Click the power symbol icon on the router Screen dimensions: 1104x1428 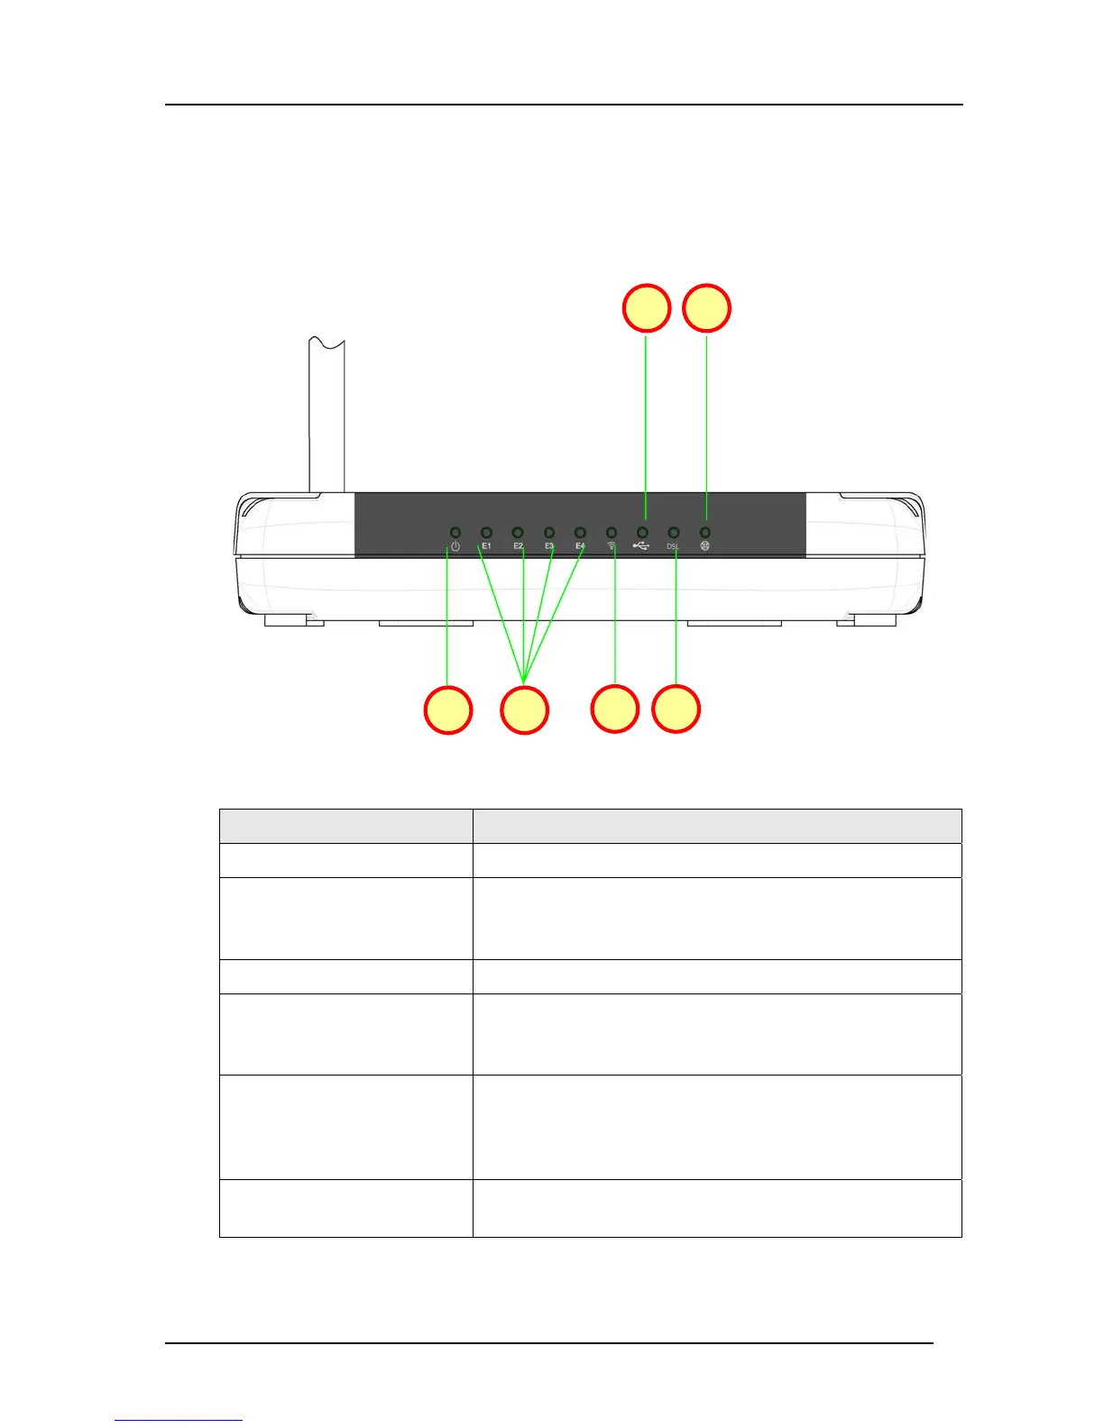click(455, 546)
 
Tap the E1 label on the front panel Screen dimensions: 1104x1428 click(486, 546)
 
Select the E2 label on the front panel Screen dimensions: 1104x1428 click(519, 546)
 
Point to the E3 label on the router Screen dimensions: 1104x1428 click(549, 546)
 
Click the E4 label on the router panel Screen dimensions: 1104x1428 click(581, 546)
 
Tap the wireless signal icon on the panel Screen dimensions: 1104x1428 click(612, 545)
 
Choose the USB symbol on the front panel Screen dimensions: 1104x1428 click(641, 546)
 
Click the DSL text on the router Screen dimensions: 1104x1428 click(673, 546)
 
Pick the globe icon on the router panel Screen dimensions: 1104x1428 click(704, 546)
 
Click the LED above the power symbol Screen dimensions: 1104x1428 click(455, 533)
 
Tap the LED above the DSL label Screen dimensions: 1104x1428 click(674, 533)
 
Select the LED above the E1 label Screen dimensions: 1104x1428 click(486, 533)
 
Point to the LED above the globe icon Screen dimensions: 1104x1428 click(705, 533)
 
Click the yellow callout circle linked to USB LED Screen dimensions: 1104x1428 click(647, 308)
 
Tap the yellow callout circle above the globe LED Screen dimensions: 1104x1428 click(706, 308)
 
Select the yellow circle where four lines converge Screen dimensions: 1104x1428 click(524, 710)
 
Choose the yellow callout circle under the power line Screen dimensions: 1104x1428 click(448, 710)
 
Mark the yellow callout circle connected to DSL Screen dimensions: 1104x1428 click(676, 709)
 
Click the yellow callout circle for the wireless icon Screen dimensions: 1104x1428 click(615, 709)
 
